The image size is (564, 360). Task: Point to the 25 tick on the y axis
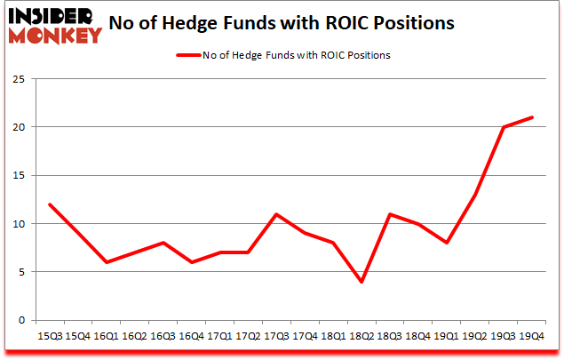point(18,79)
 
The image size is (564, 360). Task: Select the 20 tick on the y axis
point(18,127)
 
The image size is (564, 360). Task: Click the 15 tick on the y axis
point(18,175)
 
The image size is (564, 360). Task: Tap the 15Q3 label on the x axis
point(50,336)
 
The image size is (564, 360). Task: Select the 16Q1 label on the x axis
point(107,336)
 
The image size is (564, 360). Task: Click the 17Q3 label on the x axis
point(276,336)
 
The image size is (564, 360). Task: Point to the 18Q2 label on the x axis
point(361,336)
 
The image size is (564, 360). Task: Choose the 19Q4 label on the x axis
point(531,336)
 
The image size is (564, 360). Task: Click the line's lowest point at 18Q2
point(361,282)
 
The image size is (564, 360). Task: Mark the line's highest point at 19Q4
point(531,117)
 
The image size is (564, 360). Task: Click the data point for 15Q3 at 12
point(50,204)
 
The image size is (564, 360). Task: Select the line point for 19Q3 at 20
point(503,127)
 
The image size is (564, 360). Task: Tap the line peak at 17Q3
point(276,214)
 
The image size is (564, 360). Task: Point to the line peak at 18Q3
point(390,214)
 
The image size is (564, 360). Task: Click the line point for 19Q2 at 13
point(474,195)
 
